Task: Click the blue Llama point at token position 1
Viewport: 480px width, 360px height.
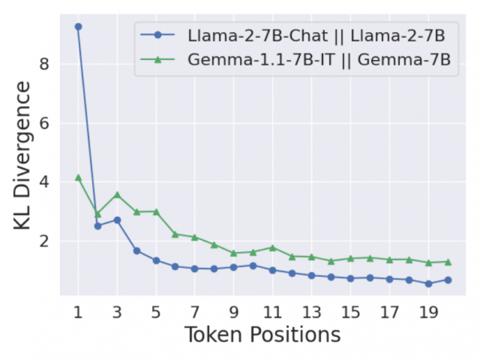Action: coord(78,27)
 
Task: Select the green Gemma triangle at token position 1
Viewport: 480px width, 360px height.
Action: coord(78,178)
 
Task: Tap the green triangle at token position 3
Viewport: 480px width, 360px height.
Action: coord(118,194)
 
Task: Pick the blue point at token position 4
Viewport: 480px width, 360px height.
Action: coord(137,251)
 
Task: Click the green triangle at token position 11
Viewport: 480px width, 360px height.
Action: coord(273,248)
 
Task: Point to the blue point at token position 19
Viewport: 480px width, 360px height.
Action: coord(429,284)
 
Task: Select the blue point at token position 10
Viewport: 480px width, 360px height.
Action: coord(253,266)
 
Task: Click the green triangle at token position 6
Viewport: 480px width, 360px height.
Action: coord(175,234)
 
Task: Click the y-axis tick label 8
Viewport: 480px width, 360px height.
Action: coord(44,64)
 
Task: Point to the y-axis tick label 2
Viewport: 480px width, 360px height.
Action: coord(44,242)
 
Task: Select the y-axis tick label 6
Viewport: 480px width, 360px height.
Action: coord(44,123)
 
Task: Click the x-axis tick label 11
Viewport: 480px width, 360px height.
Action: coord(273,313)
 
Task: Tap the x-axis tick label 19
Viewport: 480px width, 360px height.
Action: coord(429,313)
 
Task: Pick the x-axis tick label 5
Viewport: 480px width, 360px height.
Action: coord(156,313)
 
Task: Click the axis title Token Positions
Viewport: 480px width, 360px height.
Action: coord(262,334)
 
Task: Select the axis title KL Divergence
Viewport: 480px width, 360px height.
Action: coord(22,155)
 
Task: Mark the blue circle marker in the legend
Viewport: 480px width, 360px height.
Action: coord(158,35)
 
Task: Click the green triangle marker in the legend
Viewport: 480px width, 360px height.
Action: coord(158,59)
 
